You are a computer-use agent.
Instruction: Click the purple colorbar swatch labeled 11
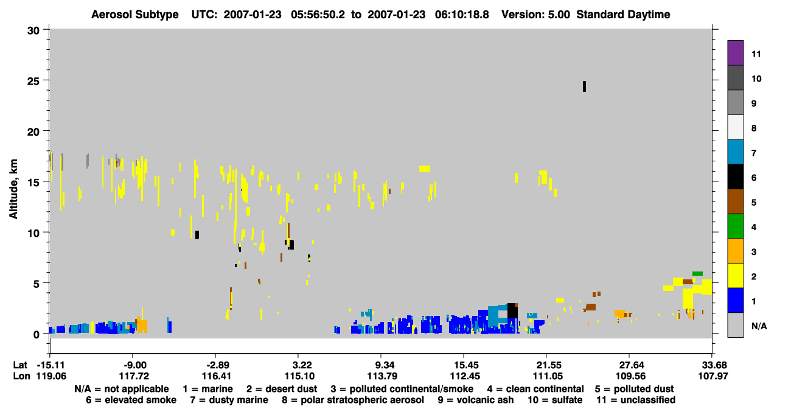tap(735, 52)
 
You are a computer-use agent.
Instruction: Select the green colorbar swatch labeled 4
tap(735, 226)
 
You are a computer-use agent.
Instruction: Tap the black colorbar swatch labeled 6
tap(735, 177)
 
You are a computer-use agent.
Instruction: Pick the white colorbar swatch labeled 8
tap(735, 127)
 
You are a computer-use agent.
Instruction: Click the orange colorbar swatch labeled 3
tap(735, 251)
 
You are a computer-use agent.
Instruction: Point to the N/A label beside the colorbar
tap(759, 326)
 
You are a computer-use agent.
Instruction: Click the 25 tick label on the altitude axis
tap(33, 82)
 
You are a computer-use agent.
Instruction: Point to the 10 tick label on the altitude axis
tap(33, 233)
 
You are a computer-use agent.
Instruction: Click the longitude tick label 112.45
tap(465, 376)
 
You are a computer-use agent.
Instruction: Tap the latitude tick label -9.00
tap(134, 365)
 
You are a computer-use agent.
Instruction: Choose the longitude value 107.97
tap(713, 376)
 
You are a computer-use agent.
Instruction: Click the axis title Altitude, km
tap(13, 189)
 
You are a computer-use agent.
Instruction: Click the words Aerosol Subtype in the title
tap(135, 15)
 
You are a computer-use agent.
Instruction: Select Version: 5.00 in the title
tap(535, 15)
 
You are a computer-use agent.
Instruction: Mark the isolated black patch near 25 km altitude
tap(584, 86)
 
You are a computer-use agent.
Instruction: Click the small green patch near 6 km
tap(697, 273)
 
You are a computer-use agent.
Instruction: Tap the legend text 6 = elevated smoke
tap(131, 400)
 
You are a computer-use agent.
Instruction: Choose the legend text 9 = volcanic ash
tap(476, 400)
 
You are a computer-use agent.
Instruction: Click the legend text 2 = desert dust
tap(282, 389)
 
